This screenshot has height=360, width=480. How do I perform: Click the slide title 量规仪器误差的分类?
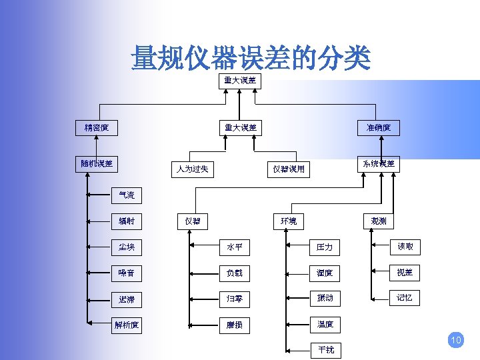pos(250,58)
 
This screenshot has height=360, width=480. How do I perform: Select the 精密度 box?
pos(97,127)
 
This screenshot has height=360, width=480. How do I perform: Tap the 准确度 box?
pos(379,127)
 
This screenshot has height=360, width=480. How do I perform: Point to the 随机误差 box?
pos(97,163)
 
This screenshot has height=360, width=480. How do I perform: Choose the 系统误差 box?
pos(379,163)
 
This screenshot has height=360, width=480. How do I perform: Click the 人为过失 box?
pos(193,169)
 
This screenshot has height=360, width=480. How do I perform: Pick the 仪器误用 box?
pos(289,169)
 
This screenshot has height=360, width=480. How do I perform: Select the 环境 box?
pos(289,221)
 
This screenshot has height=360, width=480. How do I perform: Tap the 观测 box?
pos(379,221)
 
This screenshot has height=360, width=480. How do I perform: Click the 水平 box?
pos(234,247)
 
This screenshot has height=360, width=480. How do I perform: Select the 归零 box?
pos(234,299)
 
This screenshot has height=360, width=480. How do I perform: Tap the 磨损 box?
pos(234,325)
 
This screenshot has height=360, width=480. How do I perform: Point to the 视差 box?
pos(405,273)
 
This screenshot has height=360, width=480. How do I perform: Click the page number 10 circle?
pos(456,341)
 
